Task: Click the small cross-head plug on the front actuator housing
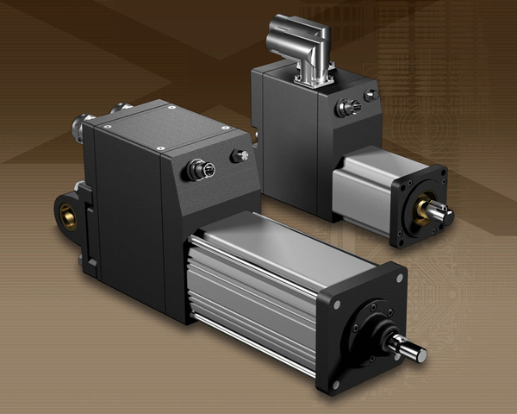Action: coord(240,156)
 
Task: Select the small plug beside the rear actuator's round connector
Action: coord(371,96)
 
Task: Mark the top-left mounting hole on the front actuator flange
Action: coord(336,304)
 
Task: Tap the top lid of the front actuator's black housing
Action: coord(164,125)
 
